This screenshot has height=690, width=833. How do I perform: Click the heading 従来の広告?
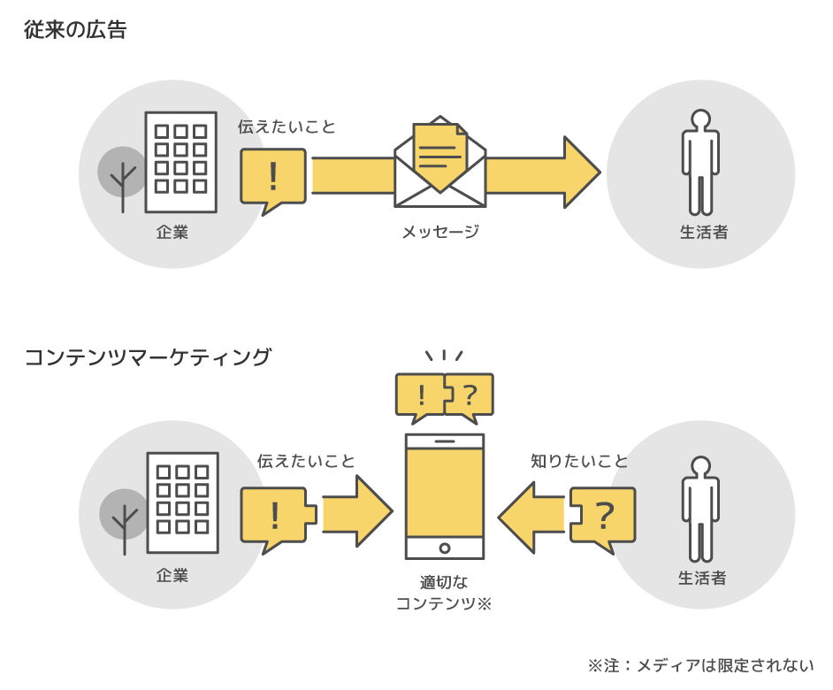click(76, 30)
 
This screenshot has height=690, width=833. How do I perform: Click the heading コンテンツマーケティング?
click(148, 357)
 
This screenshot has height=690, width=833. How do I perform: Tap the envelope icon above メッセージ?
click(439, 164)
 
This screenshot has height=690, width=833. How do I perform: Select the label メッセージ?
click(439, 232)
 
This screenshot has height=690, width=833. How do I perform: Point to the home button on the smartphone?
click(444, 548)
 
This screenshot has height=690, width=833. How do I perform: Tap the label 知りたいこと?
click(579, 461)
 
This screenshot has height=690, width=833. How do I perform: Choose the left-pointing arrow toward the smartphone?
click(531, 515)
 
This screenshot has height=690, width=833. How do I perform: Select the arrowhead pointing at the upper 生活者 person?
click(580, 172)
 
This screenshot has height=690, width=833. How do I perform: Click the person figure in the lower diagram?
click(700, 509)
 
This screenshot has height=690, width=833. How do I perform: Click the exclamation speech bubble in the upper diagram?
click(272, 177)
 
